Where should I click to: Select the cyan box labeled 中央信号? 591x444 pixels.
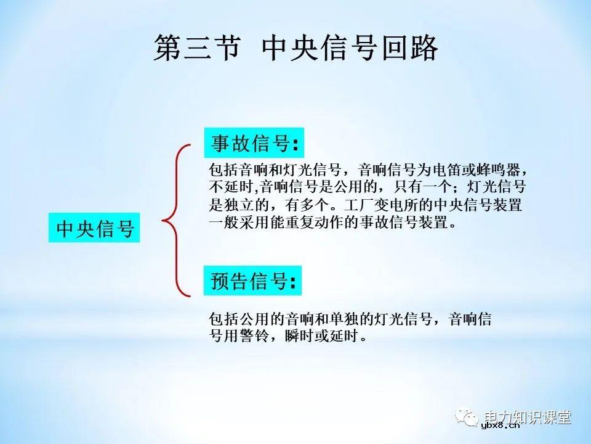coord(95,228)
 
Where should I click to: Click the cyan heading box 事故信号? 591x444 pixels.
coord(254,143)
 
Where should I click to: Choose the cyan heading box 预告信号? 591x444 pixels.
coord(254,281)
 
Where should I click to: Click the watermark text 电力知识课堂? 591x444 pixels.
coord(528,416)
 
